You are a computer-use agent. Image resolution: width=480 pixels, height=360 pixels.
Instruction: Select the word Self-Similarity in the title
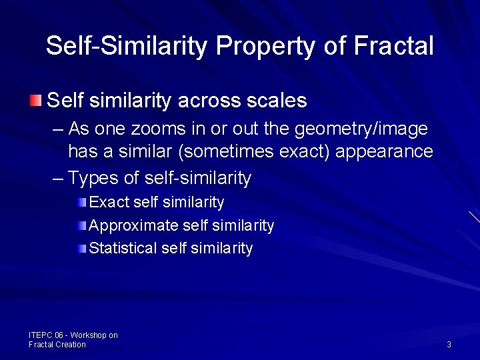click(127, 46)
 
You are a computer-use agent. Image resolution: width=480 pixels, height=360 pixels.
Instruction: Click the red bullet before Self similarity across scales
click(35, 101)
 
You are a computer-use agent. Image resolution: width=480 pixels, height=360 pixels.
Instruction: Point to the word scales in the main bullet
click(277, 101)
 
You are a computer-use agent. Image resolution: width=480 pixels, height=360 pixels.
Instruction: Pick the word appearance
click(384, 152)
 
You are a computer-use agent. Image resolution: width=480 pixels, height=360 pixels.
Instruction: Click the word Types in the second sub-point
click(93, 178)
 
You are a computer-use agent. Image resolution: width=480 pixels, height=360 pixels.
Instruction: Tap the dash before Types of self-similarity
click(58, 178)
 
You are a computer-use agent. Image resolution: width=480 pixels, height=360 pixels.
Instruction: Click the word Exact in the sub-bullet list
click(109, 202)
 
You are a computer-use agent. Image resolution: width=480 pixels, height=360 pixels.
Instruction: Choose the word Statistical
click(123, 249)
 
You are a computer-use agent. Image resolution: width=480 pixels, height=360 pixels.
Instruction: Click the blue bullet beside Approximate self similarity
click(81, 226)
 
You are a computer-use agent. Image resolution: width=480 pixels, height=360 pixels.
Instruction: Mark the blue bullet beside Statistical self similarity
click(81, 249)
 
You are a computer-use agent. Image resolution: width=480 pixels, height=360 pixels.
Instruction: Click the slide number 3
click(449, 345)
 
